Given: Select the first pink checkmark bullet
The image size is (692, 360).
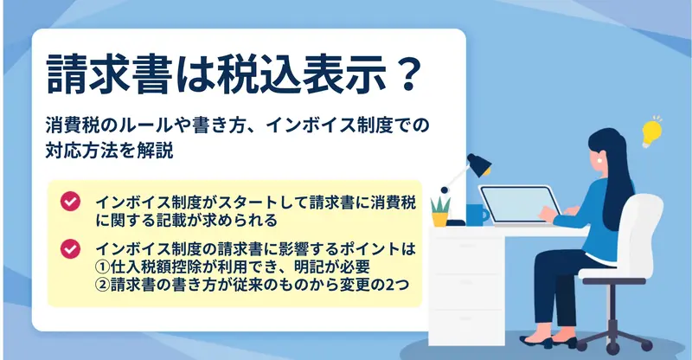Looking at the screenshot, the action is pos(70,202).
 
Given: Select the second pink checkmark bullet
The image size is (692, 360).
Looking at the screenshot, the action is pos(70,248).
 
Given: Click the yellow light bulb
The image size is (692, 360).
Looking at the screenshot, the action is pos(651,132).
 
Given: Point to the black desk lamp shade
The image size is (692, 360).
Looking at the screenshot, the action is pos(479,164).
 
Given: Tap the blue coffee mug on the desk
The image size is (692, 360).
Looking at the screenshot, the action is pos(477,215).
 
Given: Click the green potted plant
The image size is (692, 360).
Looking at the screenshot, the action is pos(440,211).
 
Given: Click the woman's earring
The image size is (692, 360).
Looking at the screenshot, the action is pos(599,161).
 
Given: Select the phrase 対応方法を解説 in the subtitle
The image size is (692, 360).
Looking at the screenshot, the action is pos(110,151).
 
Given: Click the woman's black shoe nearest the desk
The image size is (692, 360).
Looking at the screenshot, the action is pos(535,342).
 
